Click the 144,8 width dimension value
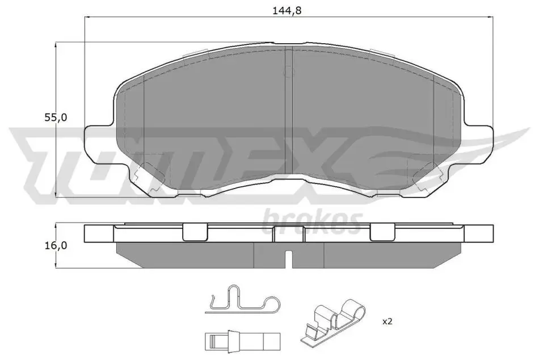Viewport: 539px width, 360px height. (287, 11)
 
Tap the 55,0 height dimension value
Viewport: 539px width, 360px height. (56, 118)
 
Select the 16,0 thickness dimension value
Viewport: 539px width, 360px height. (56, 246)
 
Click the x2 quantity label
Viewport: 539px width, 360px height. (388, 321)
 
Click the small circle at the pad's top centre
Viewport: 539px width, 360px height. (289, 72)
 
